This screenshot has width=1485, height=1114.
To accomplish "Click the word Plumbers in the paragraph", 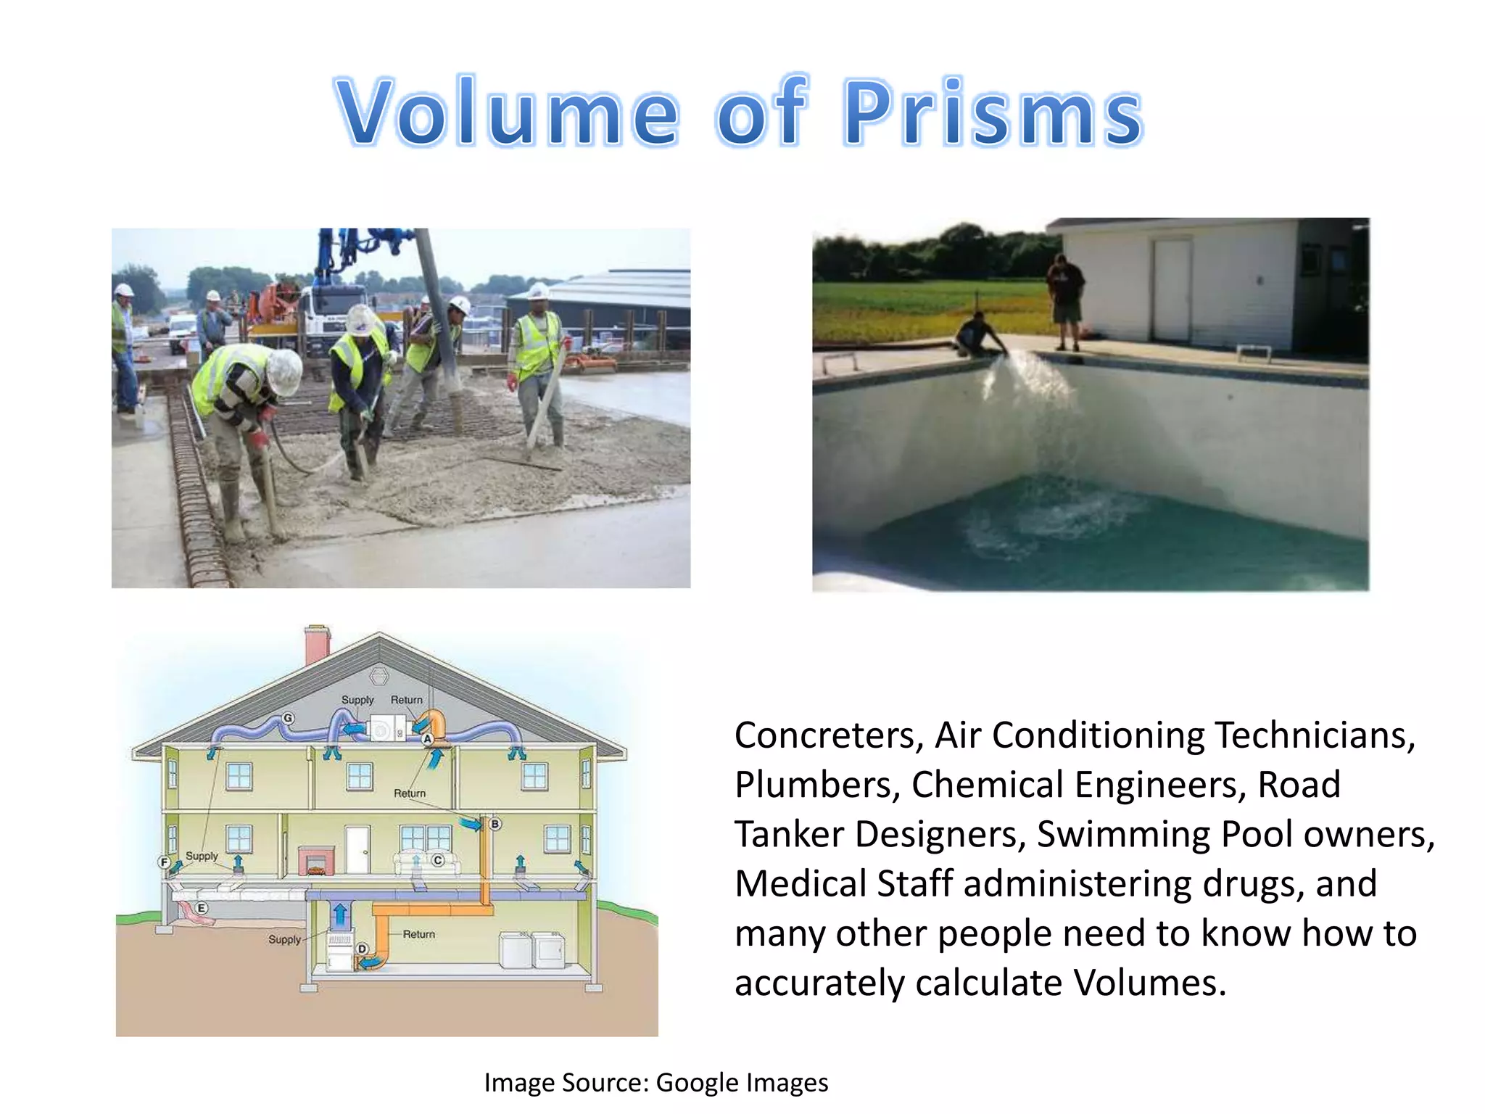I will (816, 785).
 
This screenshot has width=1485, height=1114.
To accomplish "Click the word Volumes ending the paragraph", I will (1149, 983).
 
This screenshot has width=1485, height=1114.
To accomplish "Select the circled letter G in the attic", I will (288, 718).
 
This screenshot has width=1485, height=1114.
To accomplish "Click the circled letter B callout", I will (495, 824).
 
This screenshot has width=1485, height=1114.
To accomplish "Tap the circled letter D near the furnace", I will (362, 949).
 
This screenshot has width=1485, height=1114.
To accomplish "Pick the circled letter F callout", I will (164, 862).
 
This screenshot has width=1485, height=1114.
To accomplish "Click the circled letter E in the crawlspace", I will (202, 908).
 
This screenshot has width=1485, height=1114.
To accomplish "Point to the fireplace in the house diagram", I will (316, 860).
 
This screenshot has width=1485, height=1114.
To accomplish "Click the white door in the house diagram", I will (357, 849).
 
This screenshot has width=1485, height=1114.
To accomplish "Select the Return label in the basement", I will (419, 934).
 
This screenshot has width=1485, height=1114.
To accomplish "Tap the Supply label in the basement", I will (284, 939).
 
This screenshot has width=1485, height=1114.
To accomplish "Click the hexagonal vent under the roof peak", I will (379, 676).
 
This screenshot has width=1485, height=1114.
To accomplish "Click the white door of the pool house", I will (1171, 290).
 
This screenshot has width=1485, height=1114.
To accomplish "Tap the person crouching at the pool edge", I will (979, 335).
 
